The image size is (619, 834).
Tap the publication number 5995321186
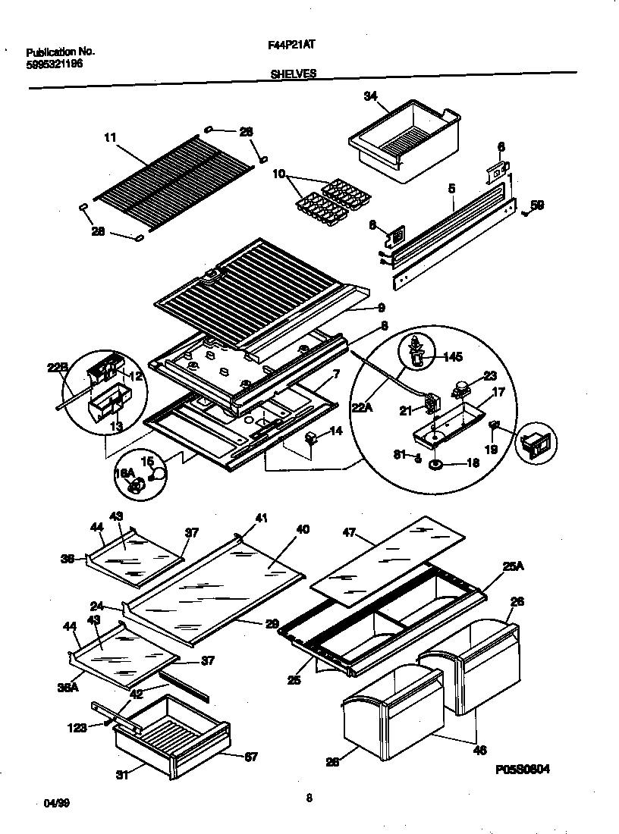pos(55,64)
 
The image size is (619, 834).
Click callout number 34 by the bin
pos(370,96)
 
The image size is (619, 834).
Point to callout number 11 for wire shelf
pos(111,137)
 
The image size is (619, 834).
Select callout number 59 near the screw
pos(536,204)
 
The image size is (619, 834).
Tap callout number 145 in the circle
pos(451,356)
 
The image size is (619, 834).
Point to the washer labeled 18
pos(438,464)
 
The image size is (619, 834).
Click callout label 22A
pos(361,408)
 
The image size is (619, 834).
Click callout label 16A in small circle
pos(124,473)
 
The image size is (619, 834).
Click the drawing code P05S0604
pos(523,769)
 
